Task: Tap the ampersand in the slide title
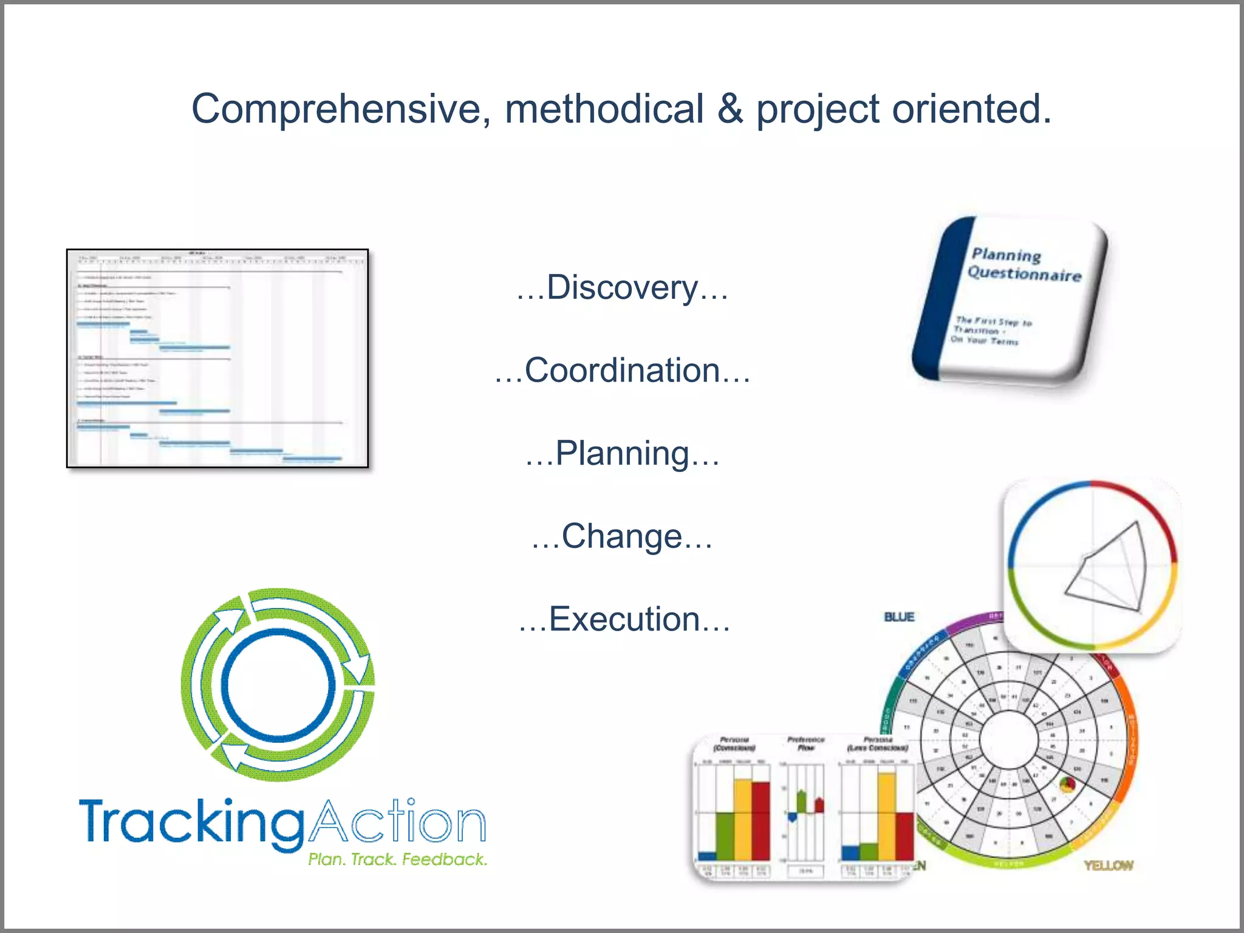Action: [730, 109]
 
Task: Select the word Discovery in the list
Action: [622, 288]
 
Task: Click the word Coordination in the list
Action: [622, 371]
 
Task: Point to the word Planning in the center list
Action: [622, 454]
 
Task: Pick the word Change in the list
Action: [622, 536]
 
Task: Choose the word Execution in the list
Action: [624, 620]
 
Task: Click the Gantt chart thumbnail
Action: [217, 358]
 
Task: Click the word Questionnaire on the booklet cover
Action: [1024, 274]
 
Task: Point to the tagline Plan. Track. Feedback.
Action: [397, 860]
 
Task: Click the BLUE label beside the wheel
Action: [899, 617]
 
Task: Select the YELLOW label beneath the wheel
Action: [1109, 865]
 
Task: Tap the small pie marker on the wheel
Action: [1067, 785]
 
